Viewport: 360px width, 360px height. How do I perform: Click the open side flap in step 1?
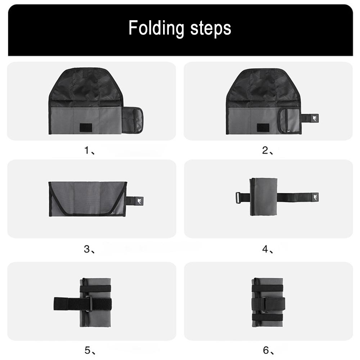click(133, 120)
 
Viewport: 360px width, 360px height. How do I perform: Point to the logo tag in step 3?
click(138, 201)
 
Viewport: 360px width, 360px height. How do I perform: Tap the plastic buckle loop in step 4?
click(238, 197)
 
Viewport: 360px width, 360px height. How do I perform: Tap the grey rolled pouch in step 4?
click(264, 197)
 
